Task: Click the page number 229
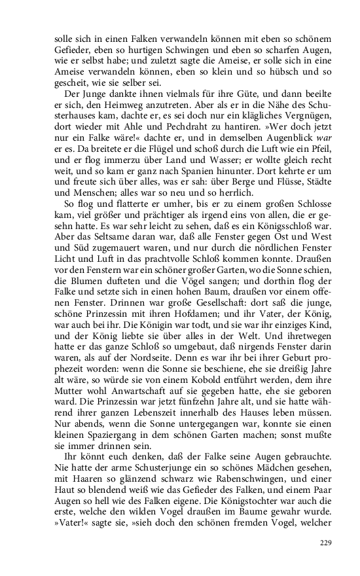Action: (327, 542)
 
